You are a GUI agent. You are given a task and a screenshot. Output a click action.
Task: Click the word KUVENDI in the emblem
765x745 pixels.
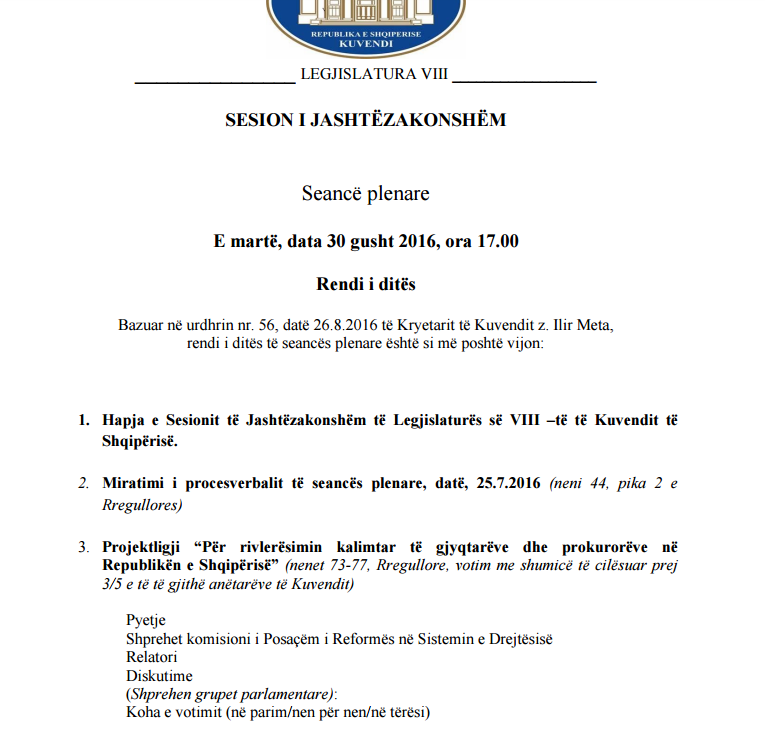pyautogui.click(x=367, y=45)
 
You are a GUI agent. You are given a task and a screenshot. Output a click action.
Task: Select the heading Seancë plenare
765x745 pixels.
pyautogui.click(x=365, y=193)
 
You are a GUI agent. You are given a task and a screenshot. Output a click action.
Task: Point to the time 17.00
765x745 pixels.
pyautogui.click(x=497, y=241)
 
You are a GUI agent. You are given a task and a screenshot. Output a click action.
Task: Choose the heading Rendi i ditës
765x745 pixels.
pyautogui.click(x=366, y=285)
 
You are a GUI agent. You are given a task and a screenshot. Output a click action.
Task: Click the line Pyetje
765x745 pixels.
pyautogui.click(x=146, y=620)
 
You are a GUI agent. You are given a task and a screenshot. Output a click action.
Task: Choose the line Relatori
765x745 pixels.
pyautogui.click(x=152, y=657)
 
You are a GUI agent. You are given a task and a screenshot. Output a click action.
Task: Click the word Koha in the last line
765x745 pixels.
pyautogui.click(x=144, y=713)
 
